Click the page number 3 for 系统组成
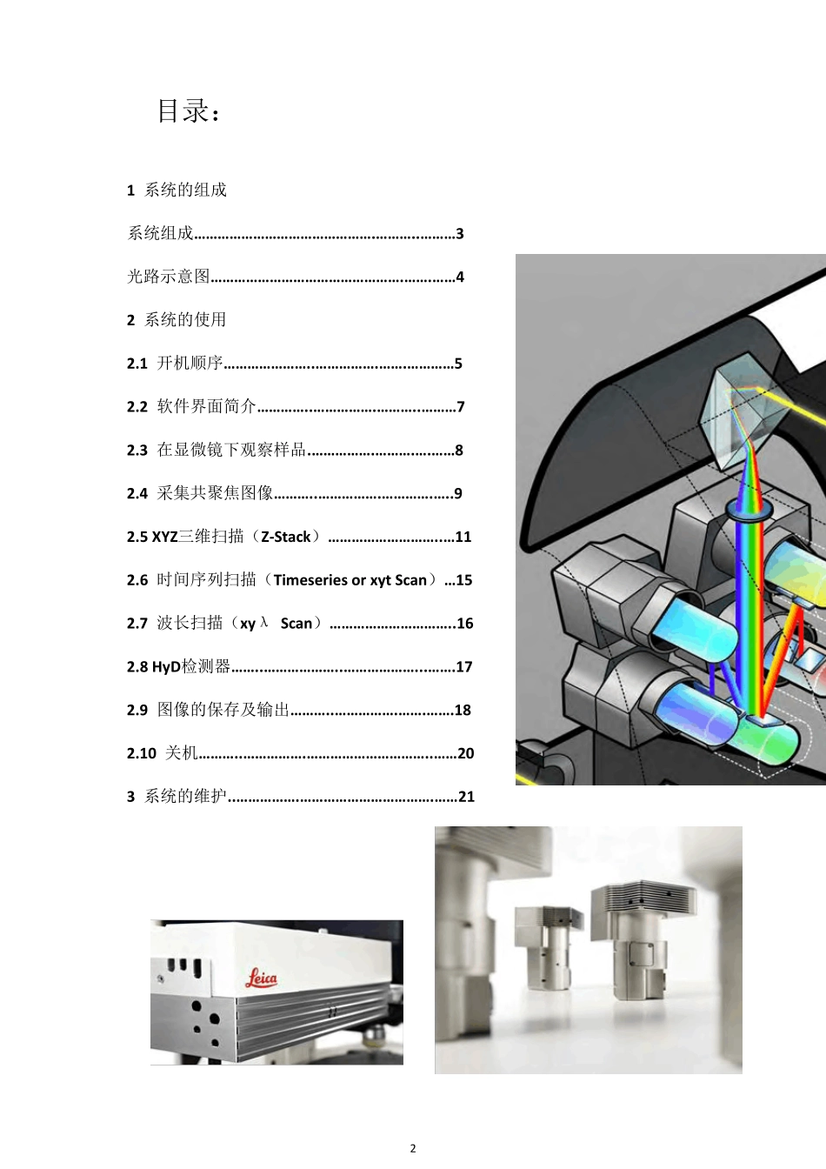click(x=460, y=234)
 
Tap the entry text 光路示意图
click(x=169, y=277)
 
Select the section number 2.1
click(x=137, y=364)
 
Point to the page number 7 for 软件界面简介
click(x=461, y=407)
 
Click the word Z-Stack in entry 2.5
click(x=286, y=537)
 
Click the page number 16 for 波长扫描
click(x=465, y=624)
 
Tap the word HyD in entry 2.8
click(x=166, y=667)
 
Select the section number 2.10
click(x=141, y=753)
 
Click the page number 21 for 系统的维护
click(x=467, y=797)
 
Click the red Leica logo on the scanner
click(x=261, y=979)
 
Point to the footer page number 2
click(x=413, y=1148)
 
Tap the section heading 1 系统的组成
click(x=177, y=190)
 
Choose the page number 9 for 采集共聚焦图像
click(x=458, y=494)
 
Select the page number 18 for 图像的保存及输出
click(x=463, y=711)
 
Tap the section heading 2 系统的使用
click(x=177, y=320)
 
